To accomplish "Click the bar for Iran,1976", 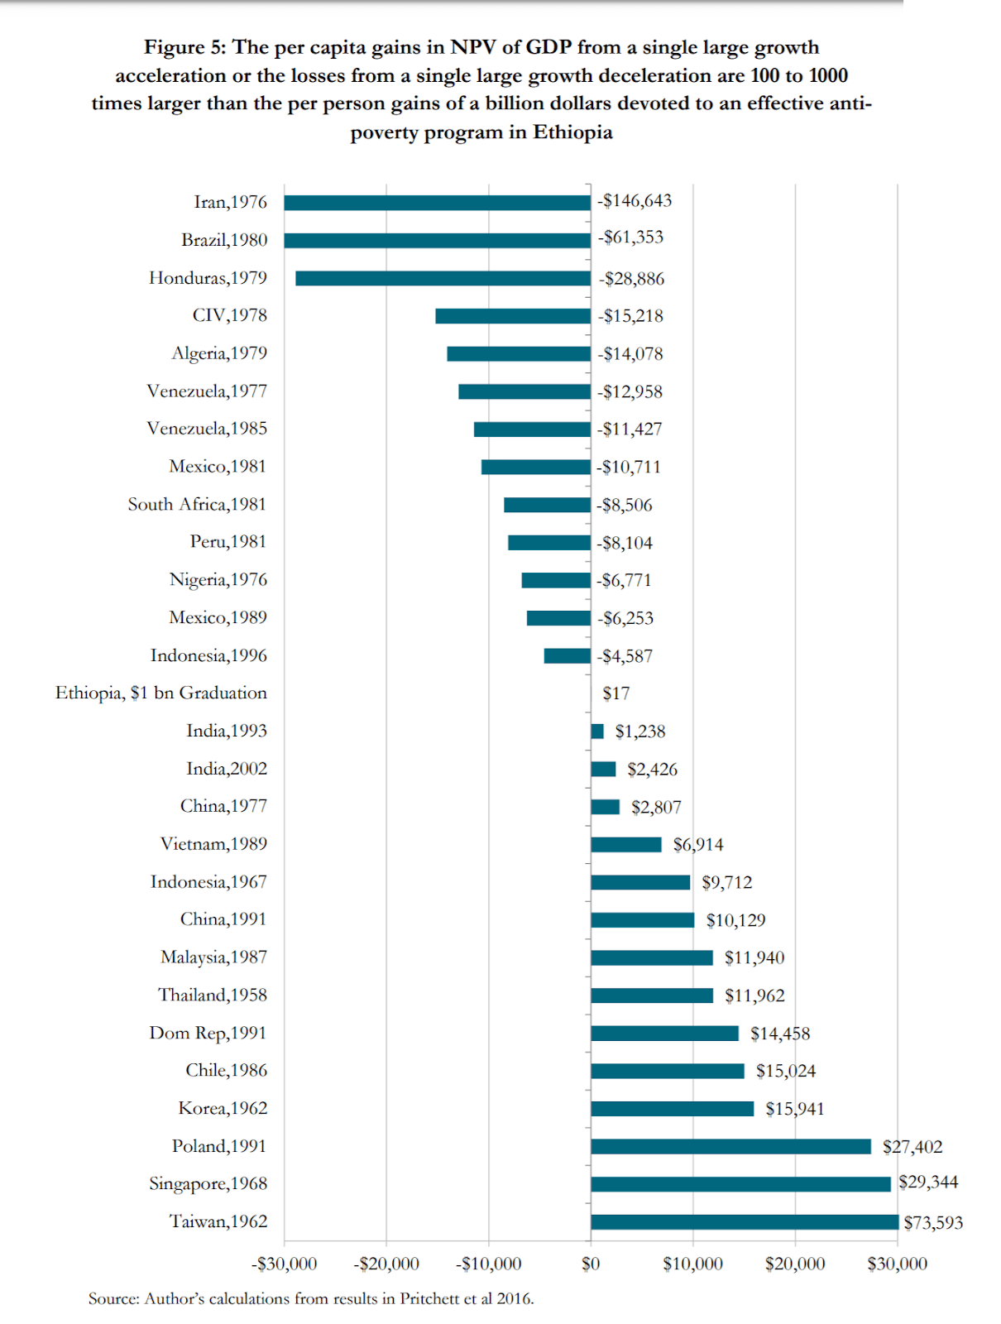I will tap(437, 203).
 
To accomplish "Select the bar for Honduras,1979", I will tap(443, 278).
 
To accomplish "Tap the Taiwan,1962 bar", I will tap(745, 1222).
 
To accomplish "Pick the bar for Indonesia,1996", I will tap(568, 656).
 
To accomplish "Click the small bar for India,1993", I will tap(597, 732).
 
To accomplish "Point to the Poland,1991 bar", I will tap(730, 1147).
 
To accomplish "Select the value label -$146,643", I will tap(635, 201).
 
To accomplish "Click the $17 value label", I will tap(616, 693).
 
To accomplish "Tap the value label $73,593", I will tap(933, 1223).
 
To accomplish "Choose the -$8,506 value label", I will tap(625, 505).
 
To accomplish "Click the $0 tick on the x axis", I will tap(591, 1264).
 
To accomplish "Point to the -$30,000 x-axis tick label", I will tap(284, 1264).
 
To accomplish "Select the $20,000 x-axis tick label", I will tap(795, 1264).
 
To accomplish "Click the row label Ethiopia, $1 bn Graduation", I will tap(161, 693).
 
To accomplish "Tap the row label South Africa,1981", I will tap(197, 505).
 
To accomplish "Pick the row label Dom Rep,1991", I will tap(208, 1033).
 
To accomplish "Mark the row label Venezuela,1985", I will tap(207, 429).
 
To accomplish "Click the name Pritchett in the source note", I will tap(430, 1298).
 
